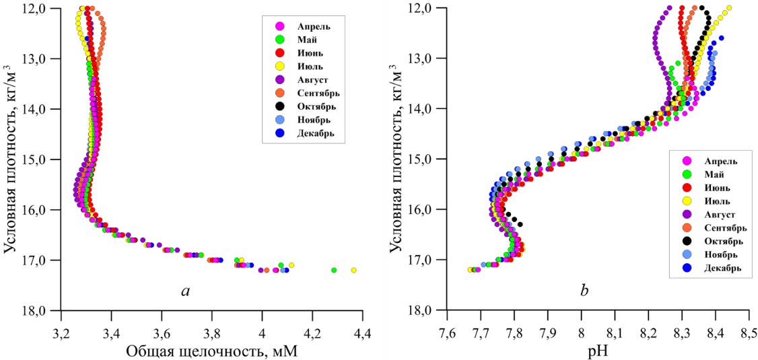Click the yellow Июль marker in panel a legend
pos(281,66)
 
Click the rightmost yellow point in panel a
pos(353,270)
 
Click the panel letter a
pos(186,290)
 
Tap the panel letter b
pos(584,290)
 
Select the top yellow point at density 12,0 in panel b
pos(729,8)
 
